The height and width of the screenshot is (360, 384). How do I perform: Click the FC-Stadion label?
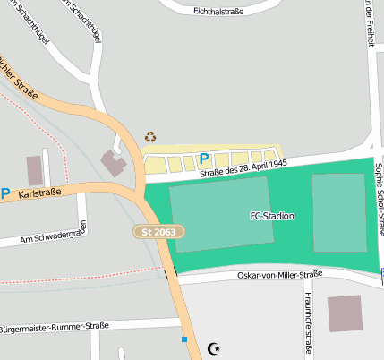(272, 216)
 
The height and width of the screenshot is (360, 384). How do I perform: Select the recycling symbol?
(150, 137)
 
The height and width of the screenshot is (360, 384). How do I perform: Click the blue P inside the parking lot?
(203, 159)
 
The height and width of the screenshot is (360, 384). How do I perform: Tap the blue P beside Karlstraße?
(4, 193)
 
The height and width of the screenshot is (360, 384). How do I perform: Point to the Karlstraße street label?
(38, 193)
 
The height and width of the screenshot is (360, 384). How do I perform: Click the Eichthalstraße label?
(223, 12)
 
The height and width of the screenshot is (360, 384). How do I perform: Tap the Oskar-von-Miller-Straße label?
(278, 275)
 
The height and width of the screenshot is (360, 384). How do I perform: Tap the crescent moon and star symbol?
(213, 347)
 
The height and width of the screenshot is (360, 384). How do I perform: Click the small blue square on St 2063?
(184, 339)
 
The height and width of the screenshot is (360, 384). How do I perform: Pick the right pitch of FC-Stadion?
(338, 212)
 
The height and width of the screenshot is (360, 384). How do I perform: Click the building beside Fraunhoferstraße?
(345, 314)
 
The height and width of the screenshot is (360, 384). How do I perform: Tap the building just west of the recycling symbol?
(115, 162)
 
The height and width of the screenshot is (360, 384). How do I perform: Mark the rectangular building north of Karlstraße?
(35, 170)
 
